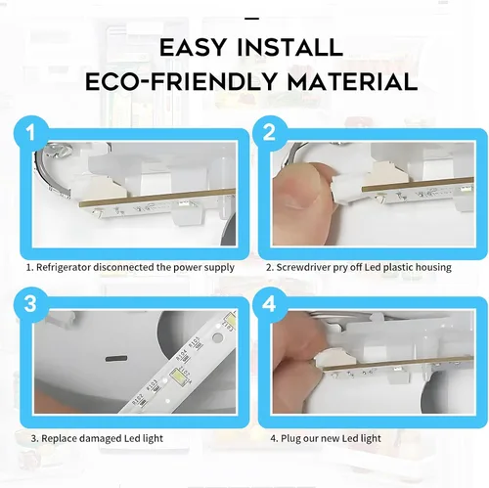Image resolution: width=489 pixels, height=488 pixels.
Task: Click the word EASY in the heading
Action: [x=193, y=47]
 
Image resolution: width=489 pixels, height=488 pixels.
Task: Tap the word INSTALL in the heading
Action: [x=289, y=47]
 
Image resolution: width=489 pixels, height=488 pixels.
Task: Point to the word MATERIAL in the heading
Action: [x=352, y=81]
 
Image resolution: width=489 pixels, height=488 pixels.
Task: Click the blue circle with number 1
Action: [x=31, y=133]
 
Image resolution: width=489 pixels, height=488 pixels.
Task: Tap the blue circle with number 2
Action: [x=269, y=132]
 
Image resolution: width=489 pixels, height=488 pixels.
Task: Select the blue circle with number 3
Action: [x=31, y=304]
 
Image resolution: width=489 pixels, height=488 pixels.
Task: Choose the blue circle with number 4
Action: [x=269, y=304]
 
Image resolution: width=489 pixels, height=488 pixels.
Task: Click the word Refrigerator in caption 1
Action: [x=64, y=268]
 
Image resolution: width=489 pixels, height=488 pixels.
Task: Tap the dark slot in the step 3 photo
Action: [x=115, y=359]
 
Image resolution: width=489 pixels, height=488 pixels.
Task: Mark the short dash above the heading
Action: [x=251, y=19]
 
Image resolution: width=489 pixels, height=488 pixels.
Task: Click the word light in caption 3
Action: [x=153, y=438]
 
